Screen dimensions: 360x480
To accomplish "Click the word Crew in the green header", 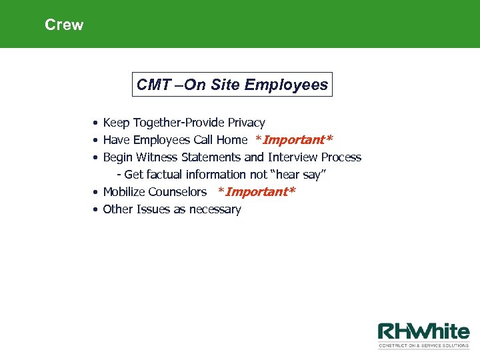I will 64,25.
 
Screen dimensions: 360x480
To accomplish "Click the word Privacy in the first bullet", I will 246,123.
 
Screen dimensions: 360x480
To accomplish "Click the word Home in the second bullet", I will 231,140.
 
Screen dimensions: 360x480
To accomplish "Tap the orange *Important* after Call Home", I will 294,140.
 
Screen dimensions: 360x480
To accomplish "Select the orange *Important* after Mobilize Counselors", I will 257,192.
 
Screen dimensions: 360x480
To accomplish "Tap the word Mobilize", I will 124,192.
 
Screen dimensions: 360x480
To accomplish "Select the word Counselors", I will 177,192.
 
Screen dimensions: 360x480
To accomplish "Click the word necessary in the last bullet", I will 215,209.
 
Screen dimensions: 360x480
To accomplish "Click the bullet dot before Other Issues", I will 97,209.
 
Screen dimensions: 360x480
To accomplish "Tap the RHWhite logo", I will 423,332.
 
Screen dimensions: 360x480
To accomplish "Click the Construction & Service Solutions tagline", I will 423,345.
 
